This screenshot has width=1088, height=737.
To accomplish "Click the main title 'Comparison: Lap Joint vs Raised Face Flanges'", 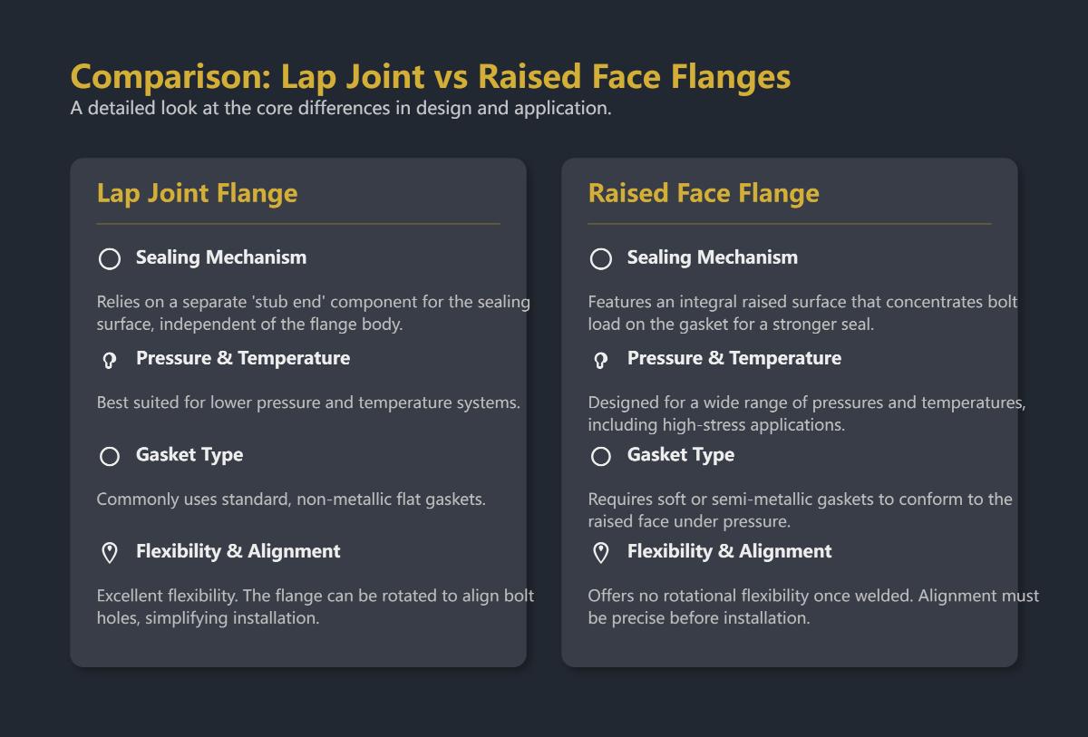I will tap(430, 77).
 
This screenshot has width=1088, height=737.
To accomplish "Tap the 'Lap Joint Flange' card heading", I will tap(197, 193).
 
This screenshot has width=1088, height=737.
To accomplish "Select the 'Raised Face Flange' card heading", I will tap(703, 193).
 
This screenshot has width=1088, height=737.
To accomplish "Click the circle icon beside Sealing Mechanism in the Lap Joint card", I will tap(110, 259).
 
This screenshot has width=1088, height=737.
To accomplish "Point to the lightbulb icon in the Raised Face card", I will tap(600, 360).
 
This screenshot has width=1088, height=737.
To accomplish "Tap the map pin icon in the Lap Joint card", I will tap(110, 553).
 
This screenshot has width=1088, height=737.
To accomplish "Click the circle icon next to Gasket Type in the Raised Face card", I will tap(600, 457).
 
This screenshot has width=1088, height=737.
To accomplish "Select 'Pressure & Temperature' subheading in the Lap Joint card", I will tap(242, 358).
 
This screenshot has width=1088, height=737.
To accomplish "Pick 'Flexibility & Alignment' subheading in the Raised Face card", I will tap(729, 551).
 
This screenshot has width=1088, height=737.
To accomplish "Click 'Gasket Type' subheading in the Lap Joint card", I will tap(189, 455).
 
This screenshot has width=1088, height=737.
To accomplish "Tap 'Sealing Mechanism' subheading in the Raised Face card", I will tap(712, 257).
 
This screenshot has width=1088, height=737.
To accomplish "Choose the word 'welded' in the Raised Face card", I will tap(917, 596).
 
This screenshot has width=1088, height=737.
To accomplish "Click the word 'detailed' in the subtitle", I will tap(121, 108).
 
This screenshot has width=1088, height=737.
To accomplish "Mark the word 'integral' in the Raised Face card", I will tap(700, 302).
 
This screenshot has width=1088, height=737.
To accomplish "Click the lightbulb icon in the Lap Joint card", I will tap(110, 360).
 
